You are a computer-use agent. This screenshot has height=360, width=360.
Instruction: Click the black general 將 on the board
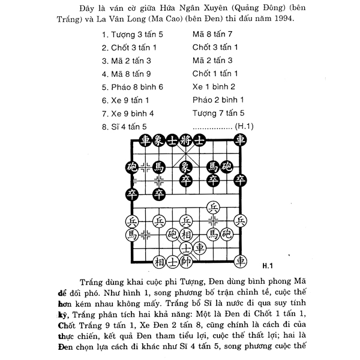coord(186,140)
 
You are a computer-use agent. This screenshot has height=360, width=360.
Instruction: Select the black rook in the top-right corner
coord(241,140)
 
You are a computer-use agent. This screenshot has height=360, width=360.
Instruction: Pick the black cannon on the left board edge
coord(131,166)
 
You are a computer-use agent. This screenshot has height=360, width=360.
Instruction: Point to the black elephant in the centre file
coord(186,166)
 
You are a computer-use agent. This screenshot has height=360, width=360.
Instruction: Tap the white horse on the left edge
coord(131,233)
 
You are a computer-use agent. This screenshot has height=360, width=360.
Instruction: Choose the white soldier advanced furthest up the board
coord(213,208)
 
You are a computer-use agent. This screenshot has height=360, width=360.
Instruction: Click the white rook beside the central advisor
coord(200,247)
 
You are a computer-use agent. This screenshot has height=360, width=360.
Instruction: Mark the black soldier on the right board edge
coord(241,179)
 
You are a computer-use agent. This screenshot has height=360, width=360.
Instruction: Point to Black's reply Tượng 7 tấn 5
coord(218,113)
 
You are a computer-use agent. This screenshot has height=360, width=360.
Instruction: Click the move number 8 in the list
coord(105,126)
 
